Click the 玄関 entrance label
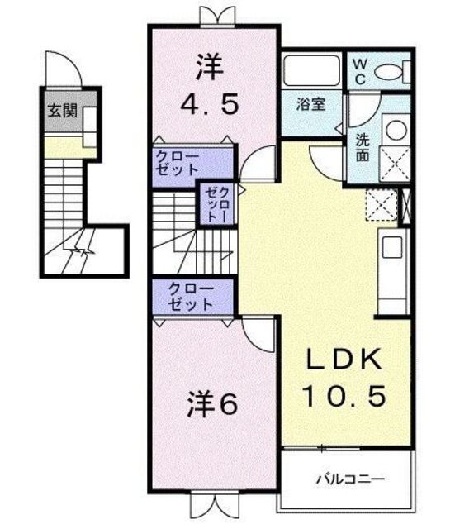[63, 111]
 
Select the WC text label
[359, 72]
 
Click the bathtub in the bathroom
[311, 71]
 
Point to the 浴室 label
[310, 104]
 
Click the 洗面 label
[363, 147]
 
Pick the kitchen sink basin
[392, 247]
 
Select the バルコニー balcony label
[350, 479]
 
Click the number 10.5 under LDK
[344, 396]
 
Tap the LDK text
[344, 360]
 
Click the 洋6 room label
[212, 404]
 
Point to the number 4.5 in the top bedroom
[210, 103]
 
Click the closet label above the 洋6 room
[191, 298]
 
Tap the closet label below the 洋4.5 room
[178, 164]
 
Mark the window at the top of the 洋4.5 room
[217, 17]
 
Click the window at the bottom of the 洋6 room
[215, 502]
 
